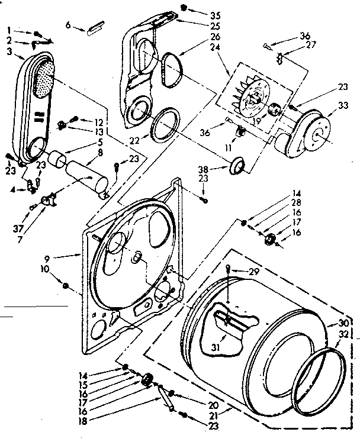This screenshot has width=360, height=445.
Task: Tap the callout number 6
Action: [68, 25]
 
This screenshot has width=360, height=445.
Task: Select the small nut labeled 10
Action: [67, 286]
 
